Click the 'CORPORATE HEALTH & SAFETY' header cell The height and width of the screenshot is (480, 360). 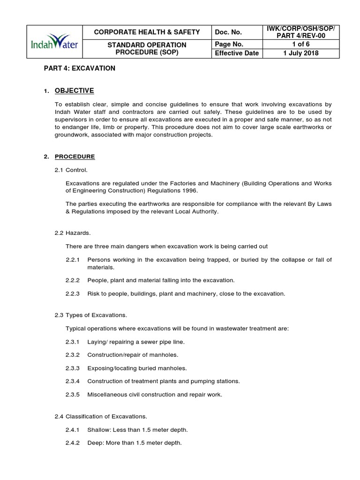click(147, 32)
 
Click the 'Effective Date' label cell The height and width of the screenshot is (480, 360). click(237, 53)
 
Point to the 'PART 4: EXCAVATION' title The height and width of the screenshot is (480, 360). click(79, 68)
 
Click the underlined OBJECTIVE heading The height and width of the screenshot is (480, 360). click(74, 90)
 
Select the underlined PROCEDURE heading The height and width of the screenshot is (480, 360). click(75, 157)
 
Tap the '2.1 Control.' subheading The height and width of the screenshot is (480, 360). click(71, 170)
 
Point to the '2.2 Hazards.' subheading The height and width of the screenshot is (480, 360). click(73, 233)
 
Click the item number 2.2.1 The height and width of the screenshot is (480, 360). click(73, 260)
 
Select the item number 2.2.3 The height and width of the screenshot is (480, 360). click(73, 294)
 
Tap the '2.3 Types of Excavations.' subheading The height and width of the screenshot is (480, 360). click(91, 315)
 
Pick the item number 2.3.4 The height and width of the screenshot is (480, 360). click(73, 381)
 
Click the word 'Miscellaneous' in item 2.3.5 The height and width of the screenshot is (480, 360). click(107, 395)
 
